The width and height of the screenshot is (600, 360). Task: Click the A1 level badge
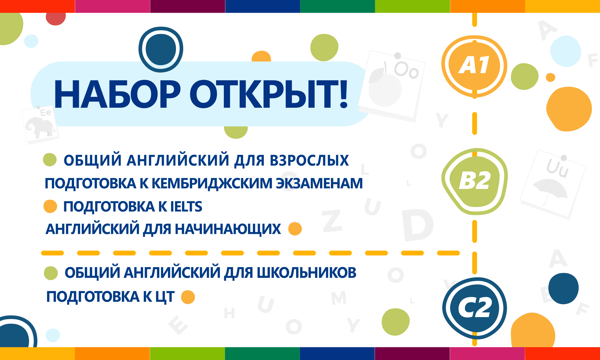click(x=474, y=66)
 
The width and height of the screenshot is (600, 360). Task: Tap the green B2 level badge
click(x=475, y=181)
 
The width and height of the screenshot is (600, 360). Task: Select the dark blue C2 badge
click(x=474, y=308)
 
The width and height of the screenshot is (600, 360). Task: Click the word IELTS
click(x=186, y=206)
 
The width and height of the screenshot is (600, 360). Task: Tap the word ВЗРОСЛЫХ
click(x=309, y=160)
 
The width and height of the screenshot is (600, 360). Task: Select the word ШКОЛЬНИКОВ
click(x=306, y=272)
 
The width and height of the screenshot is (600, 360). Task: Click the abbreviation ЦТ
click(x=165, y=297)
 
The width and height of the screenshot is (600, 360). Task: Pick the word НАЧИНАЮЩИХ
click(x=228, y=229)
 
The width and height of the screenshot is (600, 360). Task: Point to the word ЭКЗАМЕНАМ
click(x=319, y=183)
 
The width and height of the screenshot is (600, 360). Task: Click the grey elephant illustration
click(x=40, y=127)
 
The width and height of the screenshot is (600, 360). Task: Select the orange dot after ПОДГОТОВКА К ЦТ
click(x=188, y=297)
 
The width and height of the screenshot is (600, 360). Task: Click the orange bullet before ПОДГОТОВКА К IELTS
click(x=50, y=206)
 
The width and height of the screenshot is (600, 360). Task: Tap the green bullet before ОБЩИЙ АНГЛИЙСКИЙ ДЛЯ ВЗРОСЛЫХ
click(x=50, y=160)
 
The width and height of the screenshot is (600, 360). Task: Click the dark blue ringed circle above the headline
click(x=161, y=49)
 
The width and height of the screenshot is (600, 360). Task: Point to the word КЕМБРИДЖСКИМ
click(x=212, y=183)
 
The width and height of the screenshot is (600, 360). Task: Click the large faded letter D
click(x=417, y=225)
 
